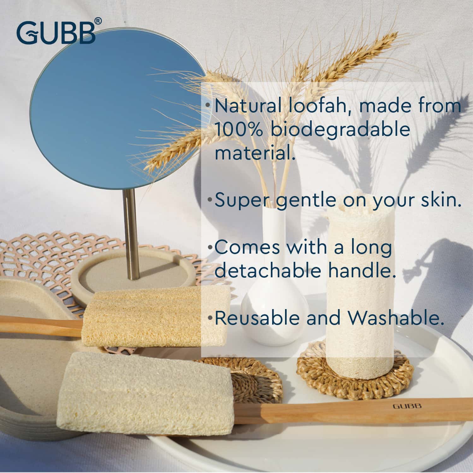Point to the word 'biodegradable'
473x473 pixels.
(x=341, y=130)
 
